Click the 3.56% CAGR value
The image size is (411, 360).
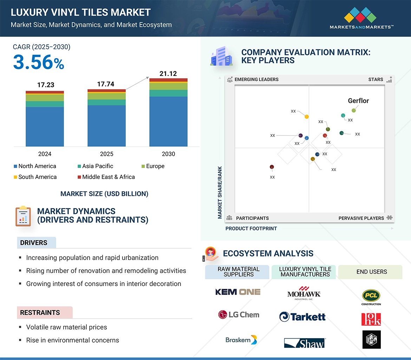click(39, 62)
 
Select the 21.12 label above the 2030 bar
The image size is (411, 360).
click(168, 74)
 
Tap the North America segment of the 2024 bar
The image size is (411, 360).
click(45, 126)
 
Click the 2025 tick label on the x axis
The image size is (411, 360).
click(106, 154)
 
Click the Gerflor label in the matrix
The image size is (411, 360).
click(358, 101)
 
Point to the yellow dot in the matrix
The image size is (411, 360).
click(307, 116)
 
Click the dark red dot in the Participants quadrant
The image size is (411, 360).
click(272, 167)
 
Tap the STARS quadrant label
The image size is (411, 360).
click(376, 79)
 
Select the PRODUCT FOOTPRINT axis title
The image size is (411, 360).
click(251, 228)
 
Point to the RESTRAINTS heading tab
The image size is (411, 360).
click(40, 313)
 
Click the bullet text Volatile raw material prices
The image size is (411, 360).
click(66, 327)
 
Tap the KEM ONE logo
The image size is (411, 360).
click(238, 292)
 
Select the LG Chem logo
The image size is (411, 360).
click(239, 315)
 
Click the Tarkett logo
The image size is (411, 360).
click(302, 317)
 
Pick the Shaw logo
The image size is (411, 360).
click(305, 343)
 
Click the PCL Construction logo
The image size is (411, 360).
click(371, 297)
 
